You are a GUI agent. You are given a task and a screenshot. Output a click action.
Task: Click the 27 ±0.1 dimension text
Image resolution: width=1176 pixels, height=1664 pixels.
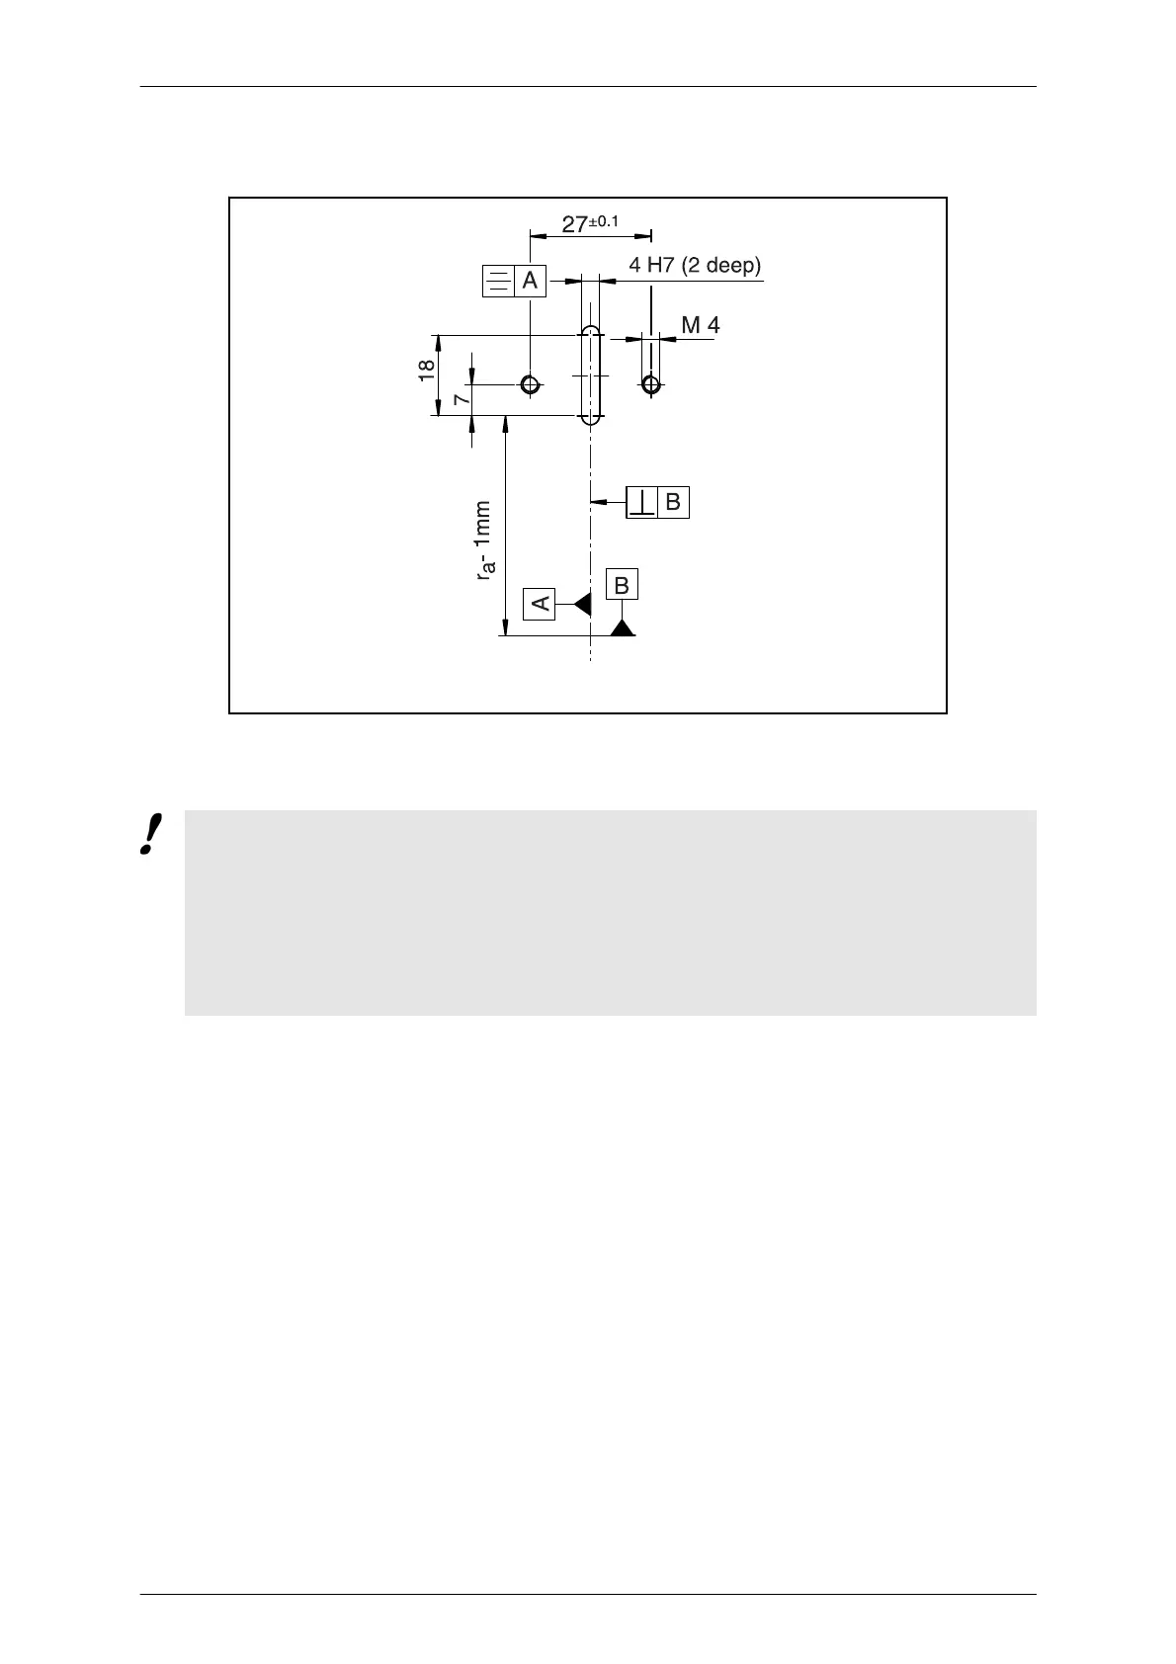[590, 223]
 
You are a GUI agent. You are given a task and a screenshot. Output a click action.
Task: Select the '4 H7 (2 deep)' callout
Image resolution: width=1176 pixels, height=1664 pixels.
[695, 265]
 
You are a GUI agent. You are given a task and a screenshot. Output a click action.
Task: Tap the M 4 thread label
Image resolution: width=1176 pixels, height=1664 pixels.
[701, 324]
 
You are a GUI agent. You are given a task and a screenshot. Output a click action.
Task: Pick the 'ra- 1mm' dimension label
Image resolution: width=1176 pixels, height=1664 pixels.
[483, 540]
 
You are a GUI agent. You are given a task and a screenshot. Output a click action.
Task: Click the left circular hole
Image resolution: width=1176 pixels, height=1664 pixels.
[531, 383]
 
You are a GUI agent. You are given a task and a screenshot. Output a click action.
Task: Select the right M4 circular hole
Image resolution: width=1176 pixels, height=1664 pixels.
[650, 384]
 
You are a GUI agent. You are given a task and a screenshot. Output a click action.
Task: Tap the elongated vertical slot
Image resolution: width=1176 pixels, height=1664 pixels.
[590, 375]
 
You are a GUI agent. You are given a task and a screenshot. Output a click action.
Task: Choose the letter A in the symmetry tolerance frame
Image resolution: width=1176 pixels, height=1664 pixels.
[530, 281]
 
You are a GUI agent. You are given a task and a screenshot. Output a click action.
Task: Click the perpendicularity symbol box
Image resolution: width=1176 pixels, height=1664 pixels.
[642, 502]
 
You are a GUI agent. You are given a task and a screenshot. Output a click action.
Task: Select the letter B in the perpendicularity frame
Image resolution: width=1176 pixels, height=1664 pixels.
[673, 502]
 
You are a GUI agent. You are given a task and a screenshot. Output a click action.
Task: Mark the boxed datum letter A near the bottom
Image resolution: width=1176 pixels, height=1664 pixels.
[540, 602]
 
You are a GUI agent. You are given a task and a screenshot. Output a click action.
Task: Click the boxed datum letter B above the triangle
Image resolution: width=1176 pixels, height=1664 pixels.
[622, 585]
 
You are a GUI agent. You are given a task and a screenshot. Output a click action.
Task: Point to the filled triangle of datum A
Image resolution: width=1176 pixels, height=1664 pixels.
[582, 603]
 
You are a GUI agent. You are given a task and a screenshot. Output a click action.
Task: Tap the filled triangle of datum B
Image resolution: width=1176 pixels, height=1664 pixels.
[622, 627]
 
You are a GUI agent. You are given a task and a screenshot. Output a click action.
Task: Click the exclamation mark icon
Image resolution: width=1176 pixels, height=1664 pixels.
[151, 835]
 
